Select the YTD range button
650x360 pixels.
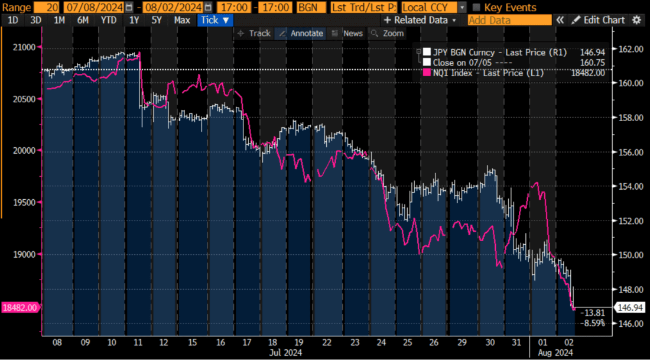point(108,20)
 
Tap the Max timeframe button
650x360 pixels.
point(182,20)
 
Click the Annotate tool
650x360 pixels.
point(301,33)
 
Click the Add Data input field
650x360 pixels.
point(509,20)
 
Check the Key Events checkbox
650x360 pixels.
point(476,8)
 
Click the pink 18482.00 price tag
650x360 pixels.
point(20,307)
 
